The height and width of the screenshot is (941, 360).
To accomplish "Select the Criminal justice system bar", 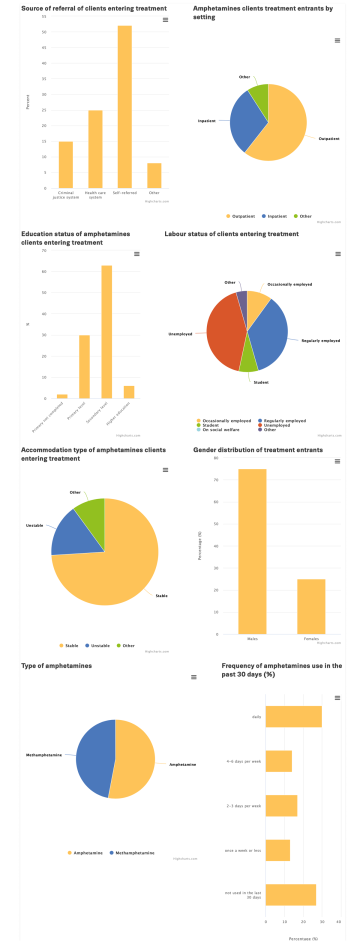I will (x=66, y=165).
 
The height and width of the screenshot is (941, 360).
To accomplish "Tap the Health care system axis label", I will (x=95, y=195).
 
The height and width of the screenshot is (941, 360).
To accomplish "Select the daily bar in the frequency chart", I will (x=293, y=717).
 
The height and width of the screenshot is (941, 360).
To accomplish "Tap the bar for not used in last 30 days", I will (x=291, y=894).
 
